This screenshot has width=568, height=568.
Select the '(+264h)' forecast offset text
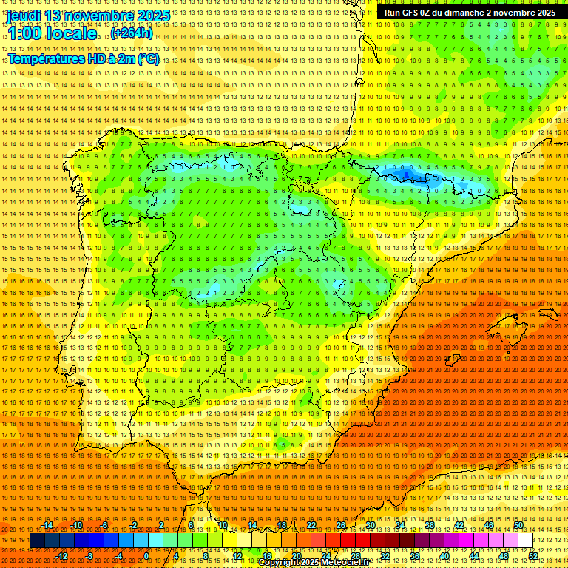pos(131,33)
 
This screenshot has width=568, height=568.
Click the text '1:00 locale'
pos(52,33)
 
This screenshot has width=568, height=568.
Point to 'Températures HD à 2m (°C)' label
pos(83,58)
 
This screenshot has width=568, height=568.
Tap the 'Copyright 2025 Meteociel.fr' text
pos(314,563)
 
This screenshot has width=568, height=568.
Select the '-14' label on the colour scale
pos(48,525)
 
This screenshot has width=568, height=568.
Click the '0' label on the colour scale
pos(147,556)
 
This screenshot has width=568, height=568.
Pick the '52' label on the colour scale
pos(533,556)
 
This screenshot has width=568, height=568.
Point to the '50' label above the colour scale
pos(518,525)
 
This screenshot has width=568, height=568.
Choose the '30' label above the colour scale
pos(371,525)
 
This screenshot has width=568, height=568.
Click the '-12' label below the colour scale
pos(62,556)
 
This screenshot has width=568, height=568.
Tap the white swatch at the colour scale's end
pos(525,541)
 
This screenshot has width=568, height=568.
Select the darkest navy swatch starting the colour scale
pos(37,541)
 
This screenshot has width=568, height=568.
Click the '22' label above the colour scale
pos(311,525)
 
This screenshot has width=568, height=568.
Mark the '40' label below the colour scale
pos(444,556)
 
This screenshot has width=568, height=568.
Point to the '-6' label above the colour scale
pos(104,525)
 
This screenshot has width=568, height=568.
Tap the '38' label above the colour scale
pos(430,525)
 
